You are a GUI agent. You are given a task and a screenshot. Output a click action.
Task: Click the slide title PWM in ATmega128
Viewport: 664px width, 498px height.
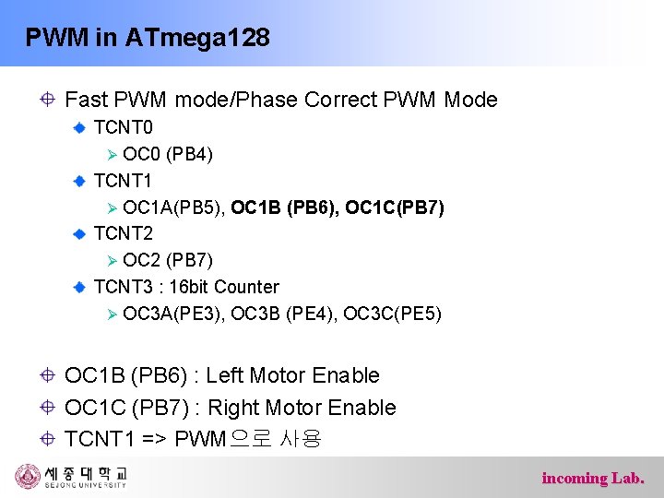pos(148,38)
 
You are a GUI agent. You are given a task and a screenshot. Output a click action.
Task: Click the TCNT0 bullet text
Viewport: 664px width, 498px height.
pos(124,126)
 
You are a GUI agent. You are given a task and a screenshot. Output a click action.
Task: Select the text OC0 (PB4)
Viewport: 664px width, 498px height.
pos(168,153)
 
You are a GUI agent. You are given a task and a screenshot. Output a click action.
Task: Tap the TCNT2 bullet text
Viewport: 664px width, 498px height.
pos(124,233)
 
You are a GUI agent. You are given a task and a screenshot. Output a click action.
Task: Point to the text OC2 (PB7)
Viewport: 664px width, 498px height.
pos(168,260)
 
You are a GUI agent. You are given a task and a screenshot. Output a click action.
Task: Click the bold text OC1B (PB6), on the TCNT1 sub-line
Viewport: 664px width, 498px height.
pos(285,207)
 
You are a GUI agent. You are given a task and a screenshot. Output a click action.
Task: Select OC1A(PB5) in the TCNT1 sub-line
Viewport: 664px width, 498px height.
pos(173,207)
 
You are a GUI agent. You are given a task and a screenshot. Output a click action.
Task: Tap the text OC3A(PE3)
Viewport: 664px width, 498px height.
pos(173,314)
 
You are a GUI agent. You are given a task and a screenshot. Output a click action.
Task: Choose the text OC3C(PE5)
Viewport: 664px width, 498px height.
pos(392,314)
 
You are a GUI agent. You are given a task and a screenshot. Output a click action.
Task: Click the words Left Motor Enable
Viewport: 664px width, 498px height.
pos(293,375)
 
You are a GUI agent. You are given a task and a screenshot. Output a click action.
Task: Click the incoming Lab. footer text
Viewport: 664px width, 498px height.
pos(593,478)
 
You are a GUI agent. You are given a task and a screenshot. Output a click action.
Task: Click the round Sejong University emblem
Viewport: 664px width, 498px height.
pos(28,476)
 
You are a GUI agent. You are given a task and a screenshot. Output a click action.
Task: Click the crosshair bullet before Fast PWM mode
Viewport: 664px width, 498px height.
pos(47,100)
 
